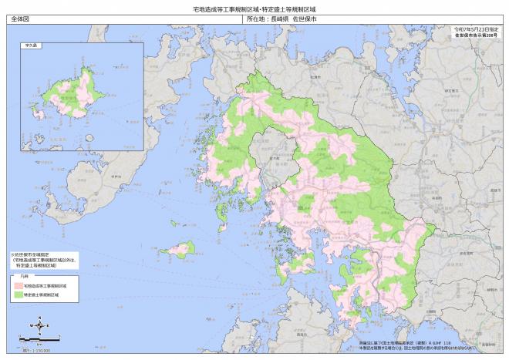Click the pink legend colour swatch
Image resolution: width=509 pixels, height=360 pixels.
click(x=18, y=286)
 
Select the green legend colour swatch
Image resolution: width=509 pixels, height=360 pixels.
click(x=18, y=295)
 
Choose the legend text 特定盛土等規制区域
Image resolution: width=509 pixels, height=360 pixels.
click(x=42, y=295)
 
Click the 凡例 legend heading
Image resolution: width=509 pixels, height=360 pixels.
click(x=24, y=277)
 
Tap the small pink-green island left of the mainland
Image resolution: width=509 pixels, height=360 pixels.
click(x=182, y=249)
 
